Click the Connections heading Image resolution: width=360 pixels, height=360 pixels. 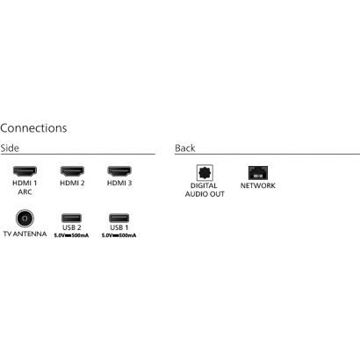(33, 128)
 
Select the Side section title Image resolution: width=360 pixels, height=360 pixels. (10, 148)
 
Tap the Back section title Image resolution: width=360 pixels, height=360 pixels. (185, 148)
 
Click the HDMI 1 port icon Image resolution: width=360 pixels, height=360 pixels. (25, 171)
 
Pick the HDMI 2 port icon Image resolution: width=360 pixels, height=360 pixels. (72, 171)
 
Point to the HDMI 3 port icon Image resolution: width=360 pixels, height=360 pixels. (119, 171)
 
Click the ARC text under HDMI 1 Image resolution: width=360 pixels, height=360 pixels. (25, 192)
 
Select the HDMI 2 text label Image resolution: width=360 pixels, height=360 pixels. (72, 183)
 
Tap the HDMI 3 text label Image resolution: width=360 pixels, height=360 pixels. (119, 183)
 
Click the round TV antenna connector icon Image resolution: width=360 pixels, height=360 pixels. (25, 218)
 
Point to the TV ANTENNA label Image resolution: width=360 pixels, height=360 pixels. (25, 234)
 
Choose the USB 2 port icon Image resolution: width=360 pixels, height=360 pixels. (71, 218)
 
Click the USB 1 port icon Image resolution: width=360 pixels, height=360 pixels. (119, 218)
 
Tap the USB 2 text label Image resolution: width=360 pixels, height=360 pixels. (71, 227)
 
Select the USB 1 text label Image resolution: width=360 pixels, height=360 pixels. (119, 227)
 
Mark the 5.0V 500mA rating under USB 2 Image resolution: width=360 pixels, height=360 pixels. (71, 235)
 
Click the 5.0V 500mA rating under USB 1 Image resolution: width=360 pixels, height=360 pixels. (119, 235)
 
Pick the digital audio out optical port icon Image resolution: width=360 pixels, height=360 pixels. (205, 173)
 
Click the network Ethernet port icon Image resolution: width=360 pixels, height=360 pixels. (258, 173)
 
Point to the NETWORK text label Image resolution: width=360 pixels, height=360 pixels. (258, 185)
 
